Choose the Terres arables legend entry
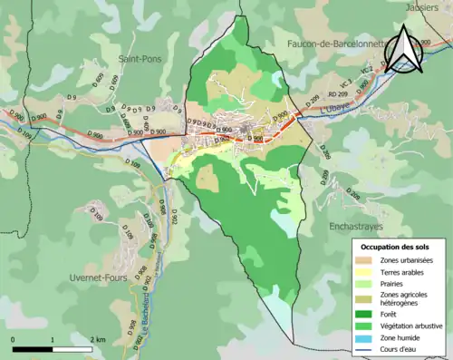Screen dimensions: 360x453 point(403,271)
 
